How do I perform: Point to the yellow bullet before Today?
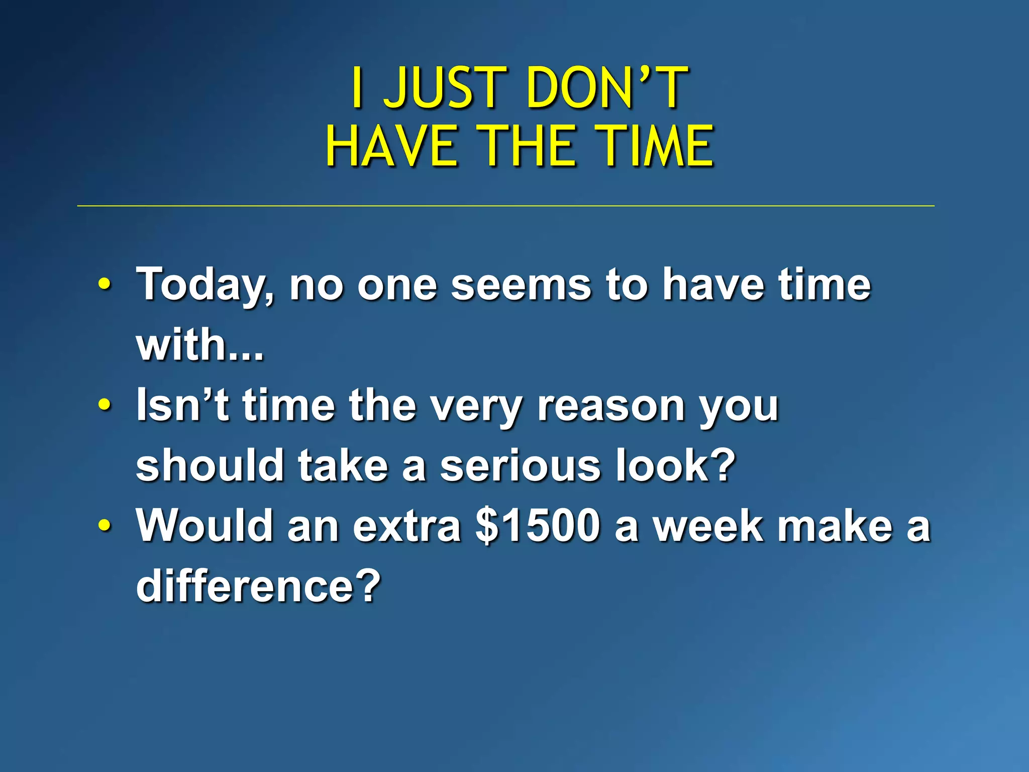coord(104,284)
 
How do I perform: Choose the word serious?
coord(520,465)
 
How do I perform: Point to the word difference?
coord(258,586)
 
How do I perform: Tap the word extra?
coord(407,526)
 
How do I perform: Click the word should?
coord(211,465)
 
